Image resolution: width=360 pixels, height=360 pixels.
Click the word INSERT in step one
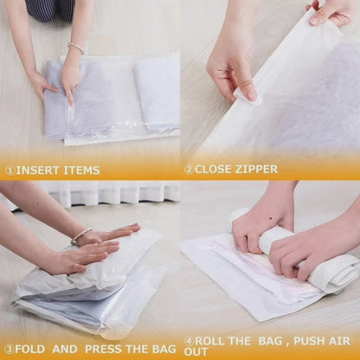click(37, 170)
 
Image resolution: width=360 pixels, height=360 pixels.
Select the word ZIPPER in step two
click(256, 169)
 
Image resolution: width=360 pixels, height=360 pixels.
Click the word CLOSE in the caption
click(213, 169)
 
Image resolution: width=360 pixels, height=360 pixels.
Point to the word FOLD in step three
click(30, 349)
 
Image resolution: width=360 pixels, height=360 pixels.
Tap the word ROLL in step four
click(209, 341)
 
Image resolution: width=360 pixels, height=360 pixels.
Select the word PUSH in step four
click(305, 341)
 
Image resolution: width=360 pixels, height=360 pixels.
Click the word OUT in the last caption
click(196, 352)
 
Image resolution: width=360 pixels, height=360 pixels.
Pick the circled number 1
click(10, 170)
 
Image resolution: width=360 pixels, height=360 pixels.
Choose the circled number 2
click(190, 170)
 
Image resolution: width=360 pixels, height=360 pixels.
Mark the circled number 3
click(10, 350)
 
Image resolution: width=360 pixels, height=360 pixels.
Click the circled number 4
click(190, 341)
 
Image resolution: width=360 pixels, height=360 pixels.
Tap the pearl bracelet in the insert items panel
click(76, 48)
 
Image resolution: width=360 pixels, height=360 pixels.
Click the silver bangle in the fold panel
click(80, 236)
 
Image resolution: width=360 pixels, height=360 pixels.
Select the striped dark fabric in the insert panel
click(50, 10)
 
